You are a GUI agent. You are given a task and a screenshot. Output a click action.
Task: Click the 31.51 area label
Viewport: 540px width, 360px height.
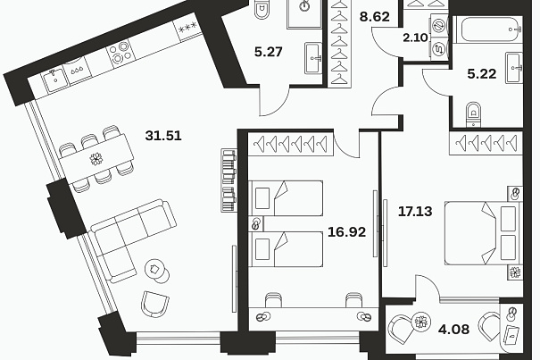[163, 136]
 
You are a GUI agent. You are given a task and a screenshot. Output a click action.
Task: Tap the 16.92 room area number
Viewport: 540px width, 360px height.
[346, 232]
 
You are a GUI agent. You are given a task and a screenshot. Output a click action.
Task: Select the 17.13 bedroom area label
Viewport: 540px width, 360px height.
[415, 211]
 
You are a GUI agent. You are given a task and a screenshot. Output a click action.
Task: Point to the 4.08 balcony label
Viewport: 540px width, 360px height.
[453, 330]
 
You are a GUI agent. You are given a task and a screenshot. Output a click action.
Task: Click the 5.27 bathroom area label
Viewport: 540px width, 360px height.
[269, 52]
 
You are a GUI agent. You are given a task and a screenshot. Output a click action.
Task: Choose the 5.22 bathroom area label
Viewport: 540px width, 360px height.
[482, 74]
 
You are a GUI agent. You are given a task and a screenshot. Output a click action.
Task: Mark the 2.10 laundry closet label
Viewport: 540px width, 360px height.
[415, 38]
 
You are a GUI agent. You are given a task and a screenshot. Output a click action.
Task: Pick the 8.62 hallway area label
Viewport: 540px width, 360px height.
[374, 17]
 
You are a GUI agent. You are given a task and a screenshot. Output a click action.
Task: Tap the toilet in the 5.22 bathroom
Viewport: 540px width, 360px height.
[474, 113]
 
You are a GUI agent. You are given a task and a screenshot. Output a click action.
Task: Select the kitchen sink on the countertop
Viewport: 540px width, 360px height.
[54, 80]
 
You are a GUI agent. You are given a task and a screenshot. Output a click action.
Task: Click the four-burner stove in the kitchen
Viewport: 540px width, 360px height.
[120, 53]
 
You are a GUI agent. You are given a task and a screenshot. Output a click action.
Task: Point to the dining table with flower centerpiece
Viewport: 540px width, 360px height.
[96, 159]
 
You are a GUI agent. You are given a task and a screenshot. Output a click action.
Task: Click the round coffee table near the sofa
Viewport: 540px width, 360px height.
[154, 268]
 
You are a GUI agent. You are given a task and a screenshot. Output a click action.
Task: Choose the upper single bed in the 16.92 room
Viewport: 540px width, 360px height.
[286, 198]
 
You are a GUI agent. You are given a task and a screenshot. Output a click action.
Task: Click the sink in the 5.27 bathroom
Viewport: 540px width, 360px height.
[313, 58]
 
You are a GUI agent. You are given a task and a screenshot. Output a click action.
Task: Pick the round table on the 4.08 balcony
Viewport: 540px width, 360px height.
[420, 322]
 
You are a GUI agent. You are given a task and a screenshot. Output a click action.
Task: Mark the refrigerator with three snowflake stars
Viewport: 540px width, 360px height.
[188, 27]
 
